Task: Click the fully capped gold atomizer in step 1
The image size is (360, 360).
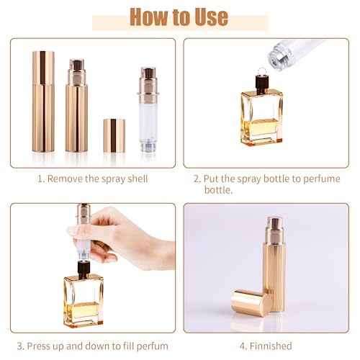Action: [43, 102]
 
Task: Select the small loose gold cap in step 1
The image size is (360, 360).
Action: [114, 135]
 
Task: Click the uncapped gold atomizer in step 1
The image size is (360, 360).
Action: [76, 105]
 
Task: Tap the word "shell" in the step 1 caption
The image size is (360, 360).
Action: [138, 179]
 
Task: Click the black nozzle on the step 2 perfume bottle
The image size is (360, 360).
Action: [261, 84]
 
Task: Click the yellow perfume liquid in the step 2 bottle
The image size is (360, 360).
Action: [264, 127]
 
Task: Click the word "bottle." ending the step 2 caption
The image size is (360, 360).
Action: [218, 190]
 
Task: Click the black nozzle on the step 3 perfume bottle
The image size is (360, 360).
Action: [84, 268]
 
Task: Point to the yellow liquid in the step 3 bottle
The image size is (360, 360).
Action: [83, 310]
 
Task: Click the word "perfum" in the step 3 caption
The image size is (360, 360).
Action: [152, 346]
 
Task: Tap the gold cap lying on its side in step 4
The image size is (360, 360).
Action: [251, 303]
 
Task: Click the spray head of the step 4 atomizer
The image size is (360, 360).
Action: [274, 230]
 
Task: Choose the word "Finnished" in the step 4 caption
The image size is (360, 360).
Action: [271, 346]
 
